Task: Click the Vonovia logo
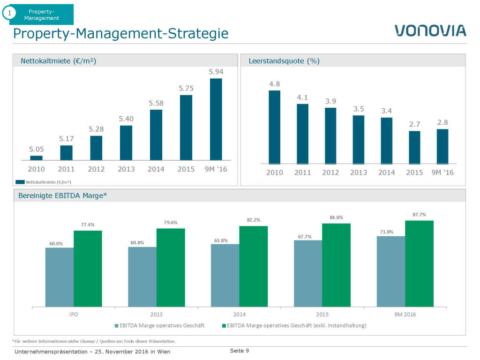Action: coord(430,30)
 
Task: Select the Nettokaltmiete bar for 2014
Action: coord(156,135)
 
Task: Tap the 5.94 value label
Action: coord(216,72)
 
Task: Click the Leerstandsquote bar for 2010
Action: coord(274,127)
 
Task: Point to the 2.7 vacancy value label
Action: coord(414,124)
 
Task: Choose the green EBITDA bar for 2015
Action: coord(336,265)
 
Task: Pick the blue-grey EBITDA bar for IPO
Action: coord(60,277)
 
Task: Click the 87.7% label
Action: coord(419,215)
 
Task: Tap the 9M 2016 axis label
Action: coord(405,314)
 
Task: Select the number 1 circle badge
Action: coord(9,14)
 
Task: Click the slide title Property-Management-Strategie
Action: coord(121,34)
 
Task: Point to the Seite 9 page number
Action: coord(239,351)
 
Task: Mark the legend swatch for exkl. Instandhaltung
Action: coord(224,325)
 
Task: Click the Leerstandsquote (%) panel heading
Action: coord(284,61)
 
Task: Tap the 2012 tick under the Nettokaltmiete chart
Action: coord(96,169)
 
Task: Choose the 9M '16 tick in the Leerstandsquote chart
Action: coord(442,172)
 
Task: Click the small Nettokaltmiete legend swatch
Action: coord(20,181)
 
